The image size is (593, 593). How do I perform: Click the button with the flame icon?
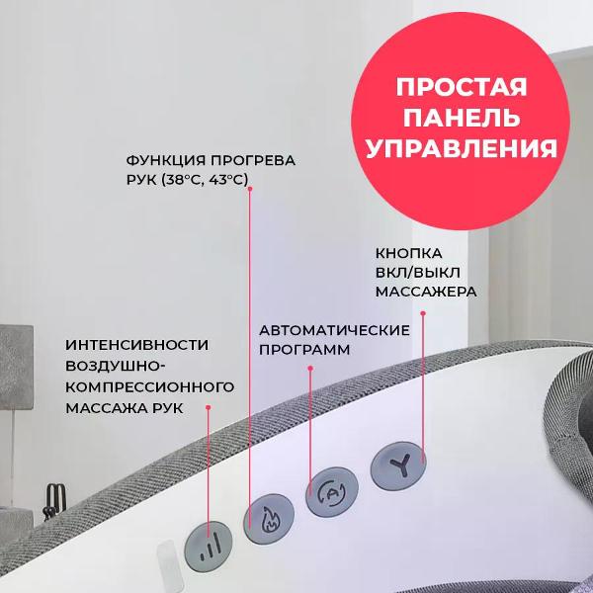pyautogui.click(x=269, y=519)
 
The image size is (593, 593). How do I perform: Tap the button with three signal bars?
pyautogui.click(x=208, y=547)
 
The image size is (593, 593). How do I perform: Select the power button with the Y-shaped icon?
pyautogui.click(x=398, y=466)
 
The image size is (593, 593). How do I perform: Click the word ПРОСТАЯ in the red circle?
pyautogui.click(x=462, y=87)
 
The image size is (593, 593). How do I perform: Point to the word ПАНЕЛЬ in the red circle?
pyautogui.click(x=462, y=117)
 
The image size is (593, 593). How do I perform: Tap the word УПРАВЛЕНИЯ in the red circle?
pyautogui.click(x=462, y=147)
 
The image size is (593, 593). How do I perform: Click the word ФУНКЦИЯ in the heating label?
pyautogui.click(x=165, y=160)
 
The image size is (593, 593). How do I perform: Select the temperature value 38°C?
pyautogui.click(x=183, y=180)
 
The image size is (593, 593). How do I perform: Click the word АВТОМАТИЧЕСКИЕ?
pyautogui.click(x=334, y=330)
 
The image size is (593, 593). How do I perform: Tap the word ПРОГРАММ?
pyautogui.click(x=304, y=350)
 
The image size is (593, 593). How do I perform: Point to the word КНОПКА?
pyautogui.click(x=409, y=253)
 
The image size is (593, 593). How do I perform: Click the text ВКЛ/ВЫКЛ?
pyautogui.click(x=418, y=273)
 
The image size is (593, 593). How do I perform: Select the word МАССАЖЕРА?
pyautogui.click(x=426, y=292)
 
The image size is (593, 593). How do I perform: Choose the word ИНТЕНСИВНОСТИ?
pyautogui.click(x=137, y=345)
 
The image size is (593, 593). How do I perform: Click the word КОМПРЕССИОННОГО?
pyautogui.click(x=150, y=387)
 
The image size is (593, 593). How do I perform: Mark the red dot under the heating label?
pyautogui.click(x=250, y=189)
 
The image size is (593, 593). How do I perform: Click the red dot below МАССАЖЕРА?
pyautogui.click(x=423, y=313)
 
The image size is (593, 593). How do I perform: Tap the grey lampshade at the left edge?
pyautogui.click(x=16, y=368)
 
